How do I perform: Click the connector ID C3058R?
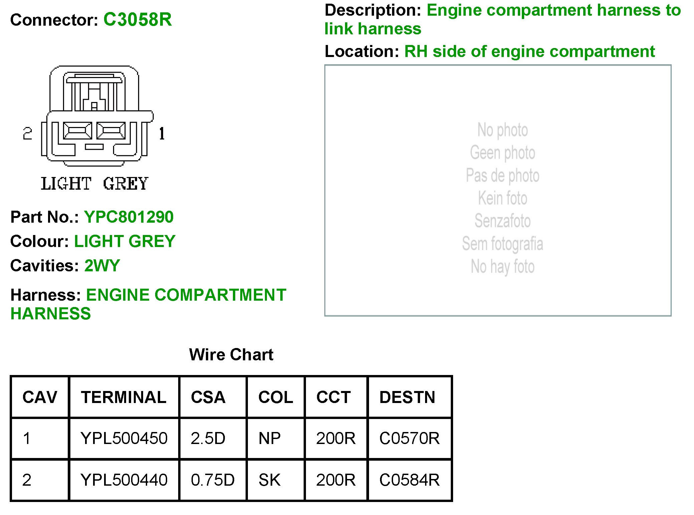click(x=137, y=19)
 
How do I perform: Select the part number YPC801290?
click(x=128, y=217)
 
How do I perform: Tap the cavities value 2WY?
click(x=102, y=266)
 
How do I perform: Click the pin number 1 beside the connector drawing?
click(x=162, y=134)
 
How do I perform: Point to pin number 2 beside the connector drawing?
click(x=27, y=134)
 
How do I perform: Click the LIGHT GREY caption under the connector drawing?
click(x=94, y=184)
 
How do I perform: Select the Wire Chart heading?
click(x=231, y=354)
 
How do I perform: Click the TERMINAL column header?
click(x=123, y=397)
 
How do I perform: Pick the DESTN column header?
click(x=407, y=397)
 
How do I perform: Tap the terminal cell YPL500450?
click(x=124, y=438)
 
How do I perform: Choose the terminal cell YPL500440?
click(x=124, y=480)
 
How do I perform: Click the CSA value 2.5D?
click(x=208, y=438)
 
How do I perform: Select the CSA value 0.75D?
click(x=213, y=480)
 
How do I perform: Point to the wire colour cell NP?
click(x=270, y=438)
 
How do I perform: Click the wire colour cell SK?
click(x=270, y=480)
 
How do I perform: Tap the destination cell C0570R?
click(x=409, y=438)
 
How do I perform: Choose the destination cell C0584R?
click(x=409, y=480)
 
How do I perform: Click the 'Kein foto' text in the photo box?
click(x=502, y=198)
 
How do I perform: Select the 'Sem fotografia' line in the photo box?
click(x=502, y=244)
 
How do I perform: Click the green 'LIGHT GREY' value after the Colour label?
click(x=124, y=241)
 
